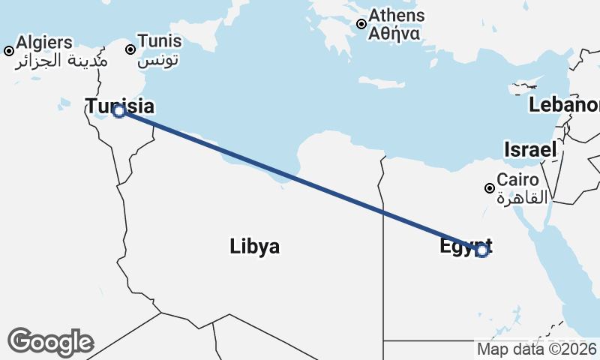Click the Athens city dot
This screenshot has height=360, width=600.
click(361, 24)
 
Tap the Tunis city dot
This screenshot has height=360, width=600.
click(130, 49)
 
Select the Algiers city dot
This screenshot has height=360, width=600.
click(9, 51)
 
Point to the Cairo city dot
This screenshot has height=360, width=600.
click(490, 188)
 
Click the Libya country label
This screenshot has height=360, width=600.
click(255, 246)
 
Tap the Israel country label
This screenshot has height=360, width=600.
click(530, 148)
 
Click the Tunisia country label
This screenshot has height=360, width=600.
click(120, 106)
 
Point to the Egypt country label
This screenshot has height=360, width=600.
click(465, 244)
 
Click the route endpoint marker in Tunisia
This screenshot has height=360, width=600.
click(118, 111)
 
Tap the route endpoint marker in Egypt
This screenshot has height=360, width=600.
click(482, 250)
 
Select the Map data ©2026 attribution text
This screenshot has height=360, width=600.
click(537, 349)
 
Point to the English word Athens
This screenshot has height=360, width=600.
click(396, 16)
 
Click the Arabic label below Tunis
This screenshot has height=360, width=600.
click(160, 59)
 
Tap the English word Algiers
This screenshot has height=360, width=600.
click(44, 42)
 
